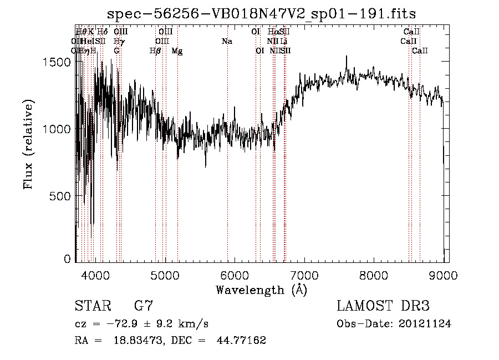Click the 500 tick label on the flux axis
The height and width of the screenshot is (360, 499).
coord(61,196)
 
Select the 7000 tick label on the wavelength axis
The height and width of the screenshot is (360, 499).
coord(304,274)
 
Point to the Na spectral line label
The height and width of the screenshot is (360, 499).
coord(226,42)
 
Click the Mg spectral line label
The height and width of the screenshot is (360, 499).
coord(177,51)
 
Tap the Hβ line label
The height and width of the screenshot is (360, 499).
coord(155,51)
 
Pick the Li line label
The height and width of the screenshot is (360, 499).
coord(283,42)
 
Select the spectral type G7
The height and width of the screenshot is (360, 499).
coord(144,306)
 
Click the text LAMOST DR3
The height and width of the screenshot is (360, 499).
coord(383,306)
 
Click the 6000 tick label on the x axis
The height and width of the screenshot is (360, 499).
coord(235,274)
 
